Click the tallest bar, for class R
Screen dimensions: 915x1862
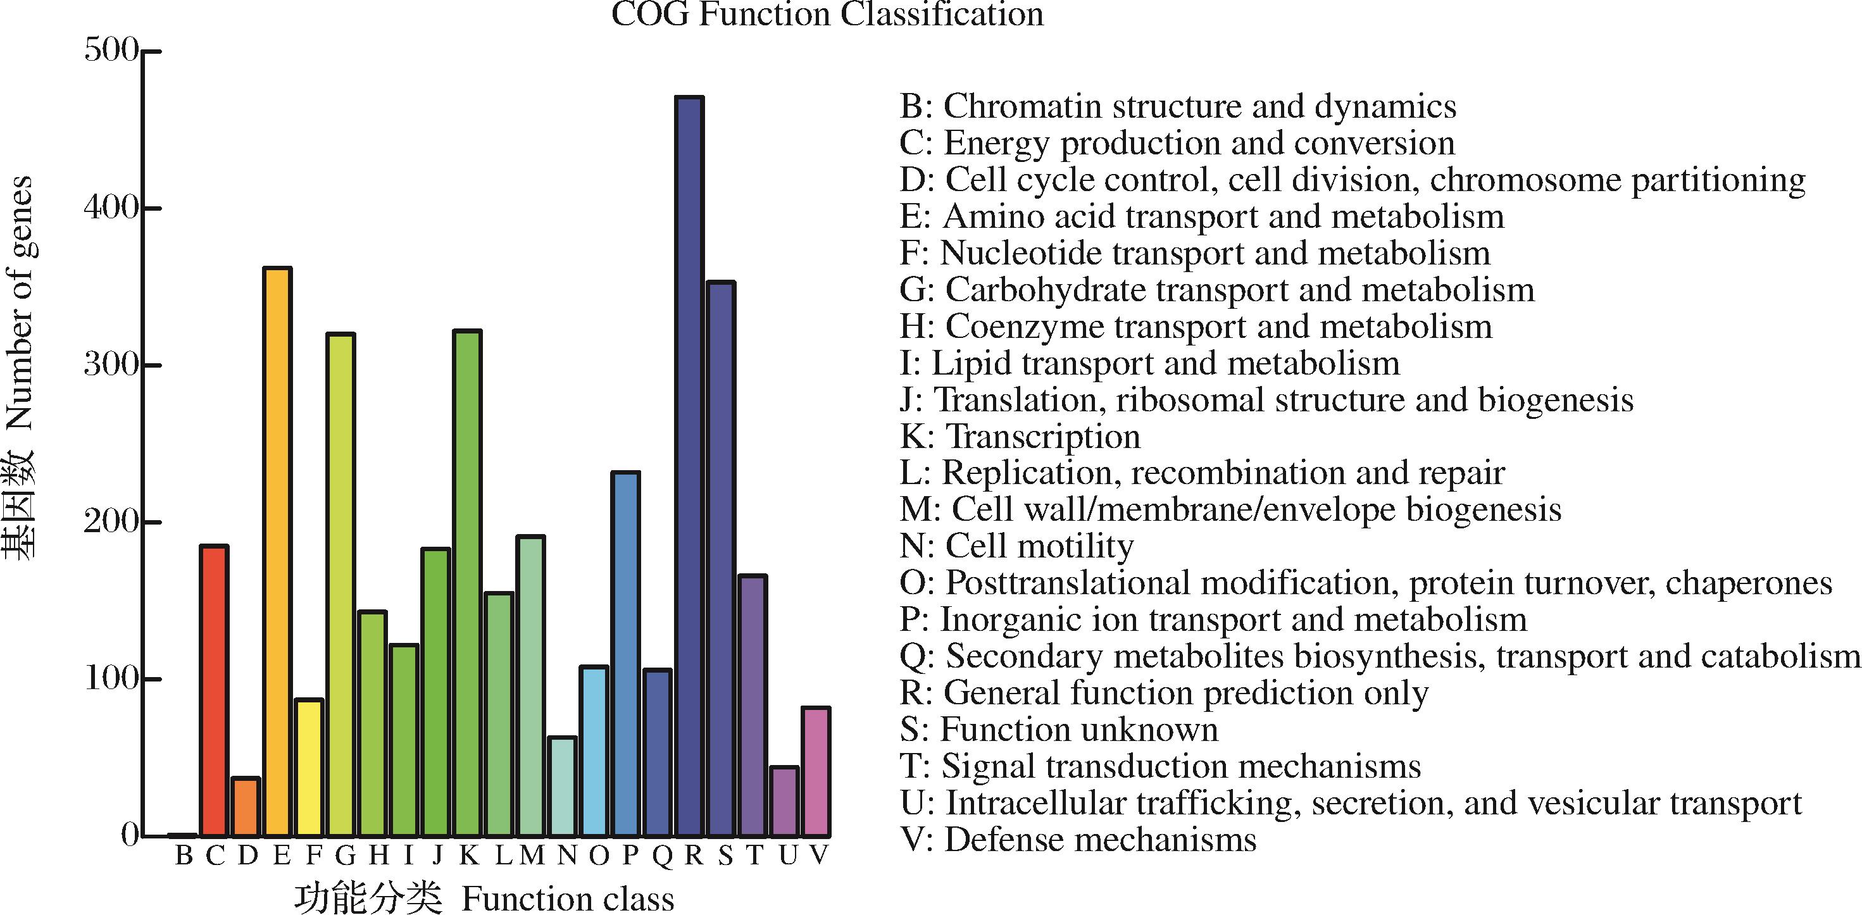point(690,466)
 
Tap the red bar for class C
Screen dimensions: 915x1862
point(214,691)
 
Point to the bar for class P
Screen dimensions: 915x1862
point(626,654)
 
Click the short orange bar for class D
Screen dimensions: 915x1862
point(246,807)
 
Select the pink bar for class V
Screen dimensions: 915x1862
point(816,772)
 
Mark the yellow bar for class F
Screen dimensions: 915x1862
point(309,768)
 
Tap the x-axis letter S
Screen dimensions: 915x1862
point(725,856)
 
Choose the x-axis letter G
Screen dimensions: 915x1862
point(345,856)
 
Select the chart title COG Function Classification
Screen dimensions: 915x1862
point(828,15)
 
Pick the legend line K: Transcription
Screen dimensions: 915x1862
point(1020,437)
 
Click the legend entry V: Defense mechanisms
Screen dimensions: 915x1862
point(1078,840)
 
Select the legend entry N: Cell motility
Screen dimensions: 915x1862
point(1016,545)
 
